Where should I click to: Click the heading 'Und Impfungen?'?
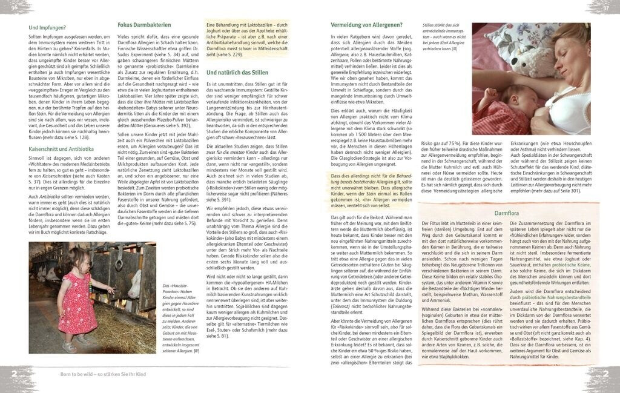point(48,28)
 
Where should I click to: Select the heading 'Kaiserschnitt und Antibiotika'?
point(61,149)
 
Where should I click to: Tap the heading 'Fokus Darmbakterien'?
point(144,25)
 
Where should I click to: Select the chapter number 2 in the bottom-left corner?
point(14,374)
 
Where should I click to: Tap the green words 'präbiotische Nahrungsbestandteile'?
point(552,296)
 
